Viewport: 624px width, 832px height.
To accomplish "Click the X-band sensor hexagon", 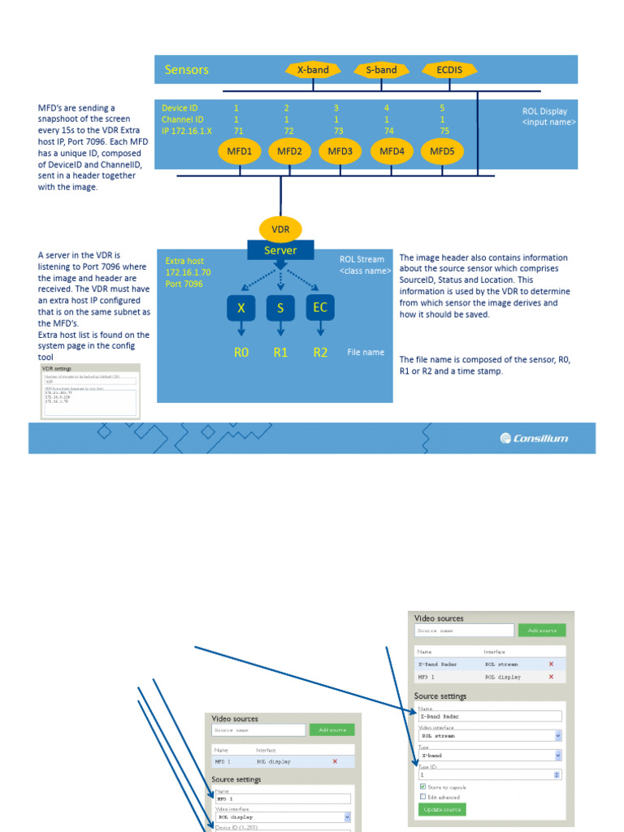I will click(312, 70).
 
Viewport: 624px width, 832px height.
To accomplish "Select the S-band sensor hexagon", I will click(381, 70).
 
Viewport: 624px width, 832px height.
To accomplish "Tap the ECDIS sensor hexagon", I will click(449, 70).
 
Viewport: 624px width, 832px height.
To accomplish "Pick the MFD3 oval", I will click(340, 151).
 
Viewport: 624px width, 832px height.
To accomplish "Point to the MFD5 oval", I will click(441, 151).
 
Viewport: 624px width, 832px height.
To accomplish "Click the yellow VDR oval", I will click(279, 229).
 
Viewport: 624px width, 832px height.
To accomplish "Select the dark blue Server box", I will click(280, 250).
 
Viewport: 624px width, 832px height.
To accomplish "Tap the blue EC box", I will click(320, 308).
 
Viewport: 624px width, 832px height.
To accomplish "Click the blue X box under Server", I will click(240, 309).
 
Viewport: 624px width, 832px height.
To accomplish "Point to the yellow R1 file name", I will click(281, 353).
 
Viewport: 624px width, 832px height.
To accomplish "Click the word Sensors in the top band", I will click(187, 70).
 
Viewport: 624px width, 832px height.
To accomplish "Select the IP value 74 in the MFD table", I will click(388, 130).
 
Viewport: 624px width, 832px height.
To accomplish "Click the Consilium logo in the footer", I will click(535, 439).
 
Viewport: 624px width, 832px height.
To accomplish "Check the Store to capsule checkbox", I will click(422, 786).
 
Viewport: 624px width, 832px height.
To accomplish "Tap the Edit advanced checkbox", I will click(422, 796).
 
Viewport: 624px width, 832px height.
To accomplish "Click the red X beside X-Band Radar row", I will click(551, 664).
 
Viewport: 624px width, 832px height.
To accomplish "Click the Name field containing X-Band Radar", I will click(489, 717).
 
